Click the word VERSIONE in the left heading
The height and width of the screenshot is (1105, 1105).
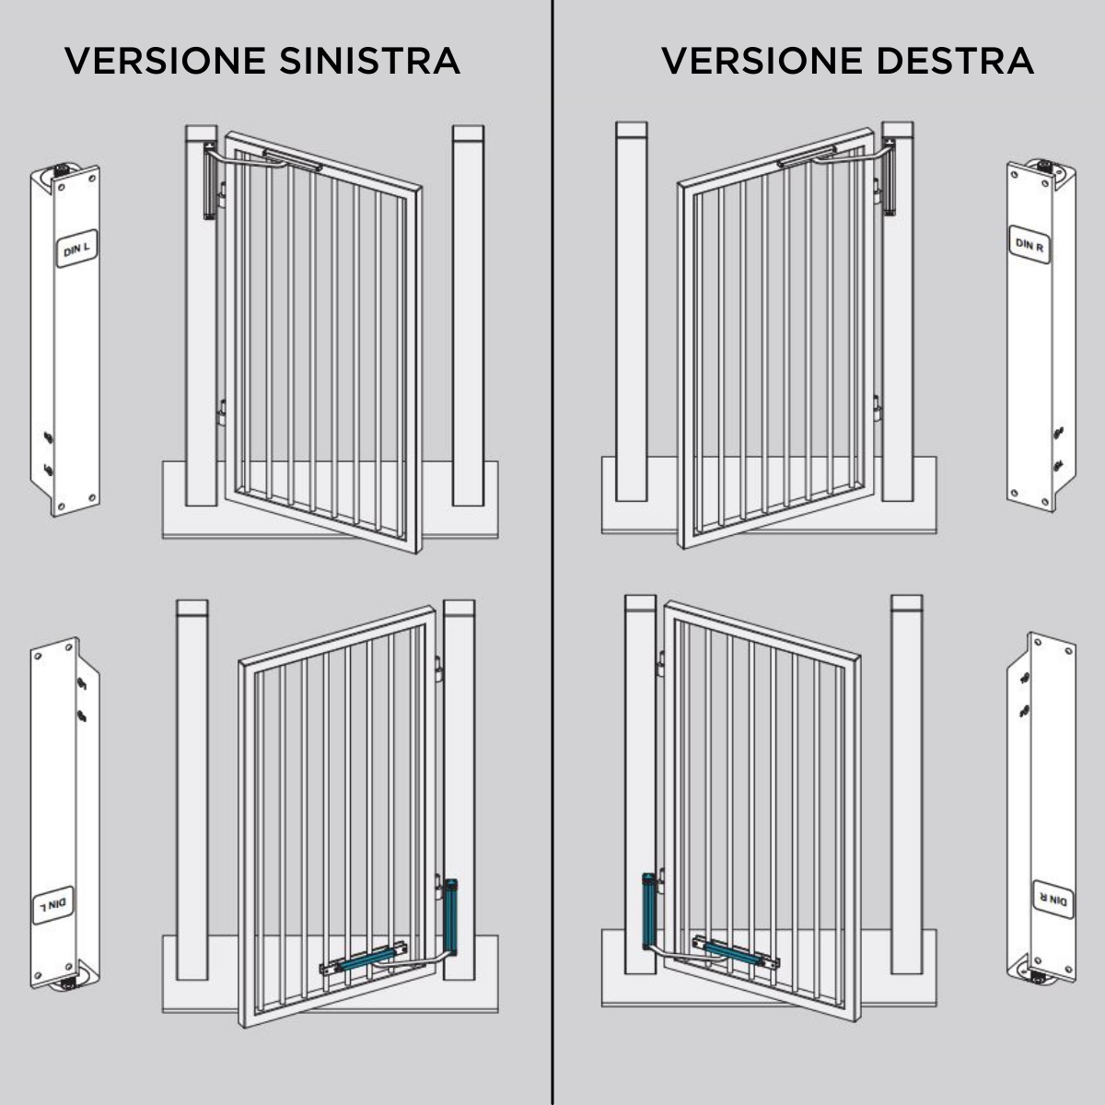[x=165, y=61]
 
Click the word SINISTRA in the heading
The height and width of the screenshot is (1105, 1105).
[x=370, y=61]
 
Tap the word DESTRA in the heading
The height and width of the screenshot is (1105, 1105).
[x=955, y=61]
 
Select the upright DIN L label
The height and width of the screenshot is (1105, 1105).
[x=76, y=249]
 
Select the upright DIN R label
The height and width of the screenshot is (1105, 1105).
[x=1029, y=245]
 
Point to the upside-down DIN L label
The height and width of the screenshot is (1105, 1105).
[x=52, y=905]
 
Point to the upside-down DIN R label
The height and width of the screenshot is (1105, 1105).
[x=1053, y=899]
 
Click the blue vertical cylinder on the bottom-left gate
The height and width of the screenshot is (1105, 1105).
[x=451, y=916]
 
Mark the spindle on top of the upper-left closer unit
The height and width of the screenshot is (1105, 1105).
[x=60, y=169]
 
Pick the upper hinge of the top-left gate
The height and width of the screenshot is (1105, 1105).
[x=222, y=195]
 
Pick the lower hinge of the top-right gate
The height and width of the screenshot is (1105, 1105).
[x=877, y=408]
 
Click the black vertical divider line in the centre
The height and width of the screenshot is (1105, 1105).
[x=552, y=552]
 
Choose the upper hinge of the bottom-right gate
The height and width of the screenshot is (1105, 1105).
[x=660, y=663]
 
